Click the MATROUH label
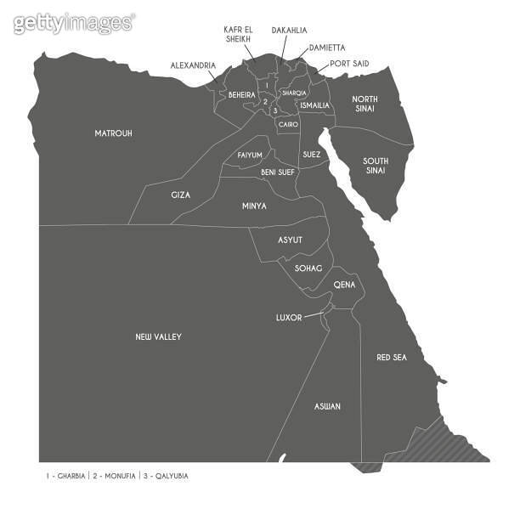tap(113, 133)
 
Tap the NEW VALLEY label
tap(158, 337)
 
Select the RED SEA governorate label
tap(391, 358)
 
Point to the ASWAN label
tap(327, 407)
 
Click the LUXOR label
tap(289, 318)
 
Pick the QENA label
tap(344, 285)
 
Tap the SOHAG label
tap(308, 268)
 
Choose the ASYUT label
tap(290, 240)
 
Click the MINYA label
tap(254, 206)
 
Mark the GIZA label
tap(180, 195)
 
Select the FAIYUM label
tap(250, 155)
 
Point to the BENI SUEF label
tap(278, 172)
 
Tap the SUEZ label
tap(311, 155)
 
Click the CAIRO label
tap(288, 125)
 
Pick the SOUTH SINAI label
tap(375, 166)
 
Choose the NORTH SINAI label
tap(365, 105)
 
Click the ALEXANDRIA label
tap(193, 65)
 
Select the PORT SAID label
tap(348, 64)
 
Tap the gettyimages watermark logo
tap(74, 23)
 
